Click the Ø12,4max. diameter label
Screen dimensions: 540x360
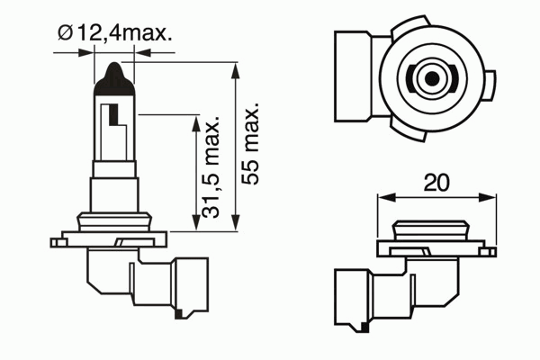(x=114, y=33)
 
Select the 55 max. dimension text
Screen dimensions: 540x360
(x=249, y=144)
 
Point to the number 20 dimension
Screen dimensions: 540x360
(x=436, y=183)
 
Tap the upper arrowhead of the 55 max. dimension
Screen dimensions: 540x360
(x=236, y=70)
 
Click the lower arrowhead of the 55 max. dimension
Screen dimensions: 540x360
(x=236, y=222)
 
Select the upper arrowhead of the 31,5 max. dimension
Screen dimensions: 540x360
(x=195, y=123)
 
